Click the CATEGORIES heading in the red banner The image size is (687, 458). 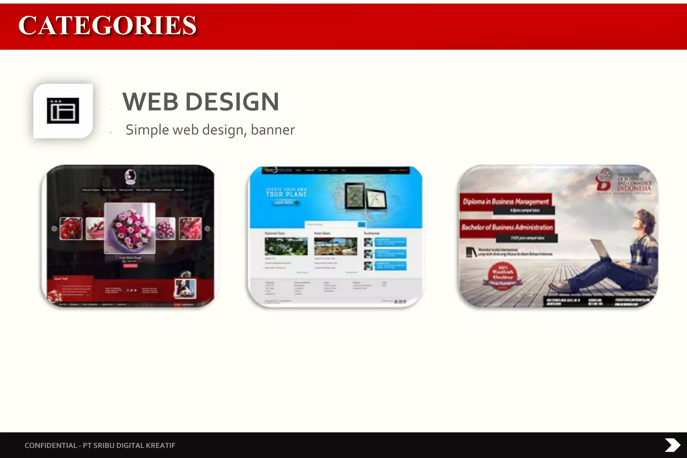(x=107, y=25)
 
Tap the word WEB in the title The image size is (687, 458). (x=150, y=102)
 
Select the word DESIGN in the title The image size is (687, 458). (x=232, y=102)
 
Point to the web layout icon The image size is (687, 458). (x=63, y=111)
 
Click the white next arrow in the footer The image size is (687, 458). (x=672, y=445)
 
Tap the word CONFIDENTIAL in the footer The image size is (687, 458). (x=51, y=445)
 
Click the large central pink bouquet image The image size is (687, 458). (x=130, y=228)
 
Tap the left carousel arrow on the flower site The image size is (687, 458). (x=54, y=229)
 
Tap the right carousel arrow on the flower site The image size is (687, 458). (x=207, y=229)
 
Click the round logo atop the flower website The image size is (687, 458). (x=130, y=177)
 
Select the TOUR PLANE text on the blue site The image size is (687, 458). (x=286, y=194)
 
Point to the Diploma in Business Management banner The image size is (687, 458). (x=506, y=202)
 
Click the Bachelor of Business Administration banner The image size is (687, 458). (x=507, y=227)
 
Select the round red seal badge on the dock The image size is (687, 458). (x=503, y=275)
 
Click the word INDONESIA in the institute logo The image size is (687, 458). (x=634, y=188)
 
